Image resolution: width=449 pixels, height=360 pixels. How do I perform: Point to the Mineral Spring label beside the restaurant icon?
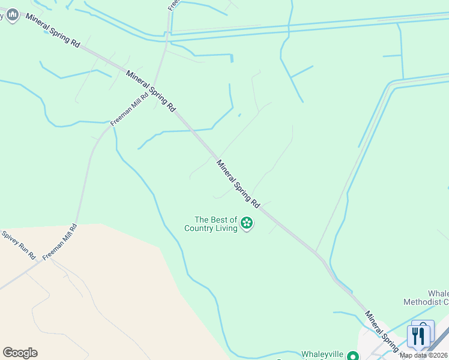click(x=381, y=331)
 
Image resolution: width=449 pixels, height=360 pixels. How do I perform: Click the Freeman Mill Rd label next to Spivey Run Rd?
click(x=60, y=242)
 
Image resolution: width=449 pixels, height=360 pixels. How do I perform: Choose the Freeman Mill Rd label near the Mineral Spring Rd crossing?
click(x=129, y=109)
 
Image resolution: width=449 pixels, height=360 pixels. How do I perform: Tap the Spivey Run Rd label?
click(x=19, y=245)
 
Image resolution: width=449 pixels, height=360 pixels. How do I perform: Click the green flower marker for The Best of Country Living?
click(x=246, y=224)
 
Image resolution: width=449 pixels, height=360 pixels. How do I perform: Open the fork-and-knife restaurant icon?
click(x=418, y=336)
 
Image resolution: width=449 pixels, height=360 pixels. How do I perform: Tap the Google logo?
click(x=20, y=353)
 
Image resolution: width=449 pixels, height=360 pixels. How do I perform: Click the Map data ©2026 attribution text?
click(x=423, y=355)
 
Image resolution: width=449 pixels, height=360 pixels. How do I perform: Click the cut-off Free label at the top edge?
click(x=173, y=5)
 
